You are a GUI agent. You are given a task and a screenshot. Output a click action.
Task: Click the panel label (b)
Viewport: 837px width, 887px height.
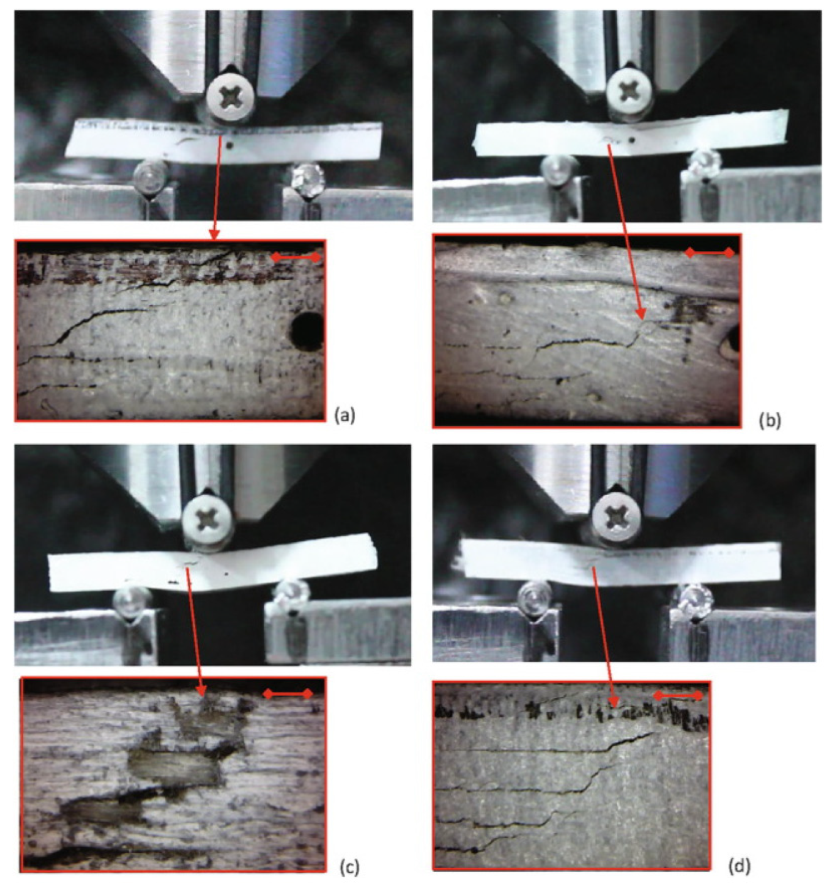770,421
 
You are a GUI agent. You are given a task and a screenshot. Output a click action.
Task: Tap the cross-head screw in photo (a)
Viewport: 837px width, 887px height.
230,98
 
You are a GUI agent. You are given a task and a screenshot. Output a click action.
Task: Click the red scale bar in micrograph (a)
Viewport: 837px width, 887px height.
296,257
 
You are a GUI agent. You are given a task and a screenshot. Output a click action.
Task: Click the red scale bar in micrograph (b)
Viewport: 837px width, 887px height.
710,253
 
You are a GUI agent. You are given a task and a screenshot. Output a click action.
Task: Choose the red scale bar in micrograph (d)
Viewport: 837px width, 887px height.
678,695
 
